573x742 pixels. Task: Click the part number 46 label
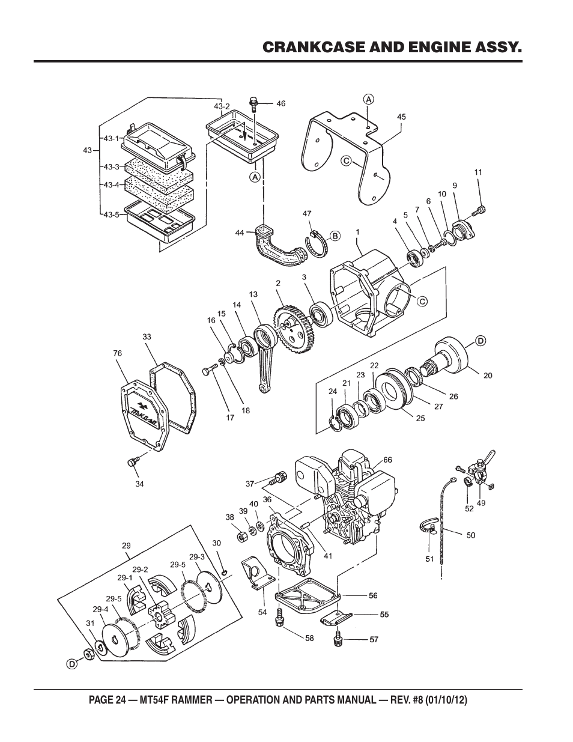click(281, 103)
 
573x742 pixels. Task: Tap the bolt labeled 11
click(479, 210)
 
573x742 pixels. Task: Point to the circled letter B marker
click(335, 236)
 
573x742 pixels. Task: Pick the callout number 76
click(117, 353)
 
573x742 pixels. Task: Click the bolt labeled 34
click(133, 463)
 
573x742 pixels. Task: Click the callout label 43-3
click(112, 167)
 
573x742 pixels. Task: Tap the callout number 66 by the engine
click(387, 460)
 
